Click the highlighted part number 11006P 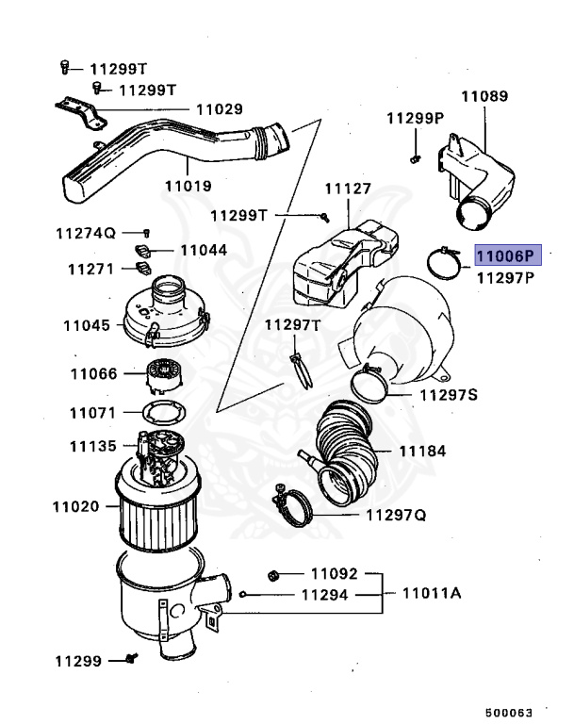pyautogui.click(x=505, y=255)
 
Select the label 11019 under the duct pyautogui.click(x=188, y=186)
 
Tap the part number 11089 pyautogui.click(x=484, y=96)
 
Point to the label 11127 pyautogui.click(x=348, y=189)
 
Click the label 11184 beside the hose pyautogui.click(x=421, y=451)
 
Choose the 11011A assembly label pyautogui.click(x=431, y=594)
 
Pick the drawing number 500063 pyautogui.click(x=510, y=712)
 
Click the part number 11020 pyautogui.click(x=75, y=506)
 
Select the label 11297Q pyautogui.click(x=396, y=515)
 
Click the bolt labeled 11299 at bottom pyautogui.click(x=130, y=660)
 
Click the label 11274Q pyautogui.click(x=84, y=232)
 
